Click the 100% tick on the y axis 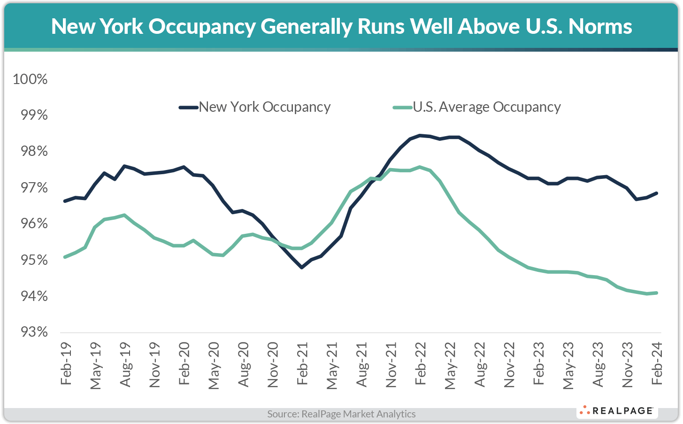click(30, 79)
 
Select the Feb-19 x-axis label click(66, 363)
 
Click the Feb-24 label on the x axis click(657, 363)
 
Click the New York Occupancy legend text click(265, 107)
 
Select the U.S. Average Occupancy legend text click(487, 107)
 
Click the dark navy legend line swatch click(188, 108)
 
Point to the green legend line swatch click(402, 108)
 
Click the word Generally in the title click(306, 27)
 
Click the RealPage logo click(617, 411)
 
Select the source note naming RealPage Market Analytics click(341, 414)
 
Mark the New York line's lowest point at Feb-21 click(301, 267)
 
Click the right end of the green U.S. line click(656, 293)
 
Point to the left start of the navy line click(65, 201)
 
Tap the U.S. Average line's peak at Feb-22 click(420, 167)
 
